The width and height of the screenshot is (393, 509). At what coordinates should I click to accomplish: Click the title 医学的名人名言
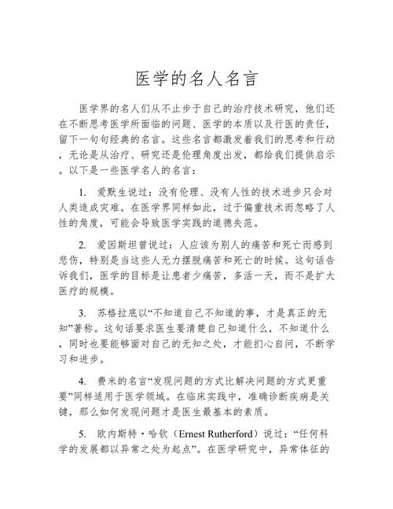click(196, 79)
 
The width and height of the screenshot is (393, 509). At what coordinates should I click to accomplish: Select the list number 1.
click(83, 193)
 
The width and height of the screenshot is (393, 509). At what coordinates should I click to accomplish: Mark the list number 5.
click(83, 433)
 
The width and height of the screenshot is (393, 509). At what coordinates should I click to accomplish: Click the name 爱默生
click(111, 193)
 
